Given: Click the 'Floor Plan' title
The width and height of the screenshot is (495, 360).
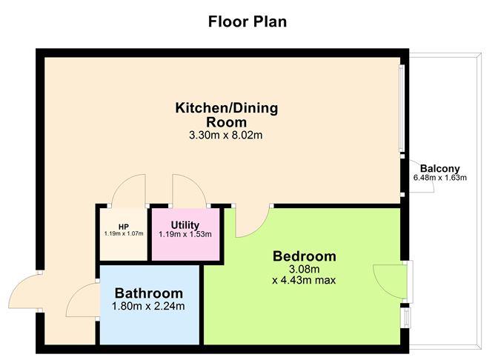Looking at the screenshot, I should pyautogui.click(x=247, y=21).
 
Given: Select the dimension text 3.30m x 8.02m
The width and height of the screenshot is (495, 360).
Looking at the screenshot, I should pyautogui.click(x=226, y=136).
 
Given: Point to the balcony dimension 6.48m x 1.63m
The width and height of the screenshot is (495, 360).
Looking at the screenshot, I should pyautogui.click(x=440, y=178).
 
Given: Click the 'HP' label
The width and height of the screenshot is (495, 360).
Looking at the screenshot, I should pyautogui.click(x=123, y=227).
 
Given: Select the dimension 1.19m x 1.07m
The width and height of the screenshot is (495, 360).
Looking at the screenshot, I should pyautogui.click(x=123, y=234).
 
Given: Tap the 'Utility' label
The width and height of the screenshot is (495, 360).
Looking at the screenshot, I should pyautogui.click(x=185, y=224).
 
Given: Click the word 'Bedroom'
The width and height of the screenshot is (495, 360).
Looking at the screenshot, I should pyautogui.click(x=304, y=256).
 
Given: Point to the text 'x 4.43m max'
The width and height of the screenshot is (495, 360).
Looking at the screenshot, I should pyautogui.click(x=304, y=280).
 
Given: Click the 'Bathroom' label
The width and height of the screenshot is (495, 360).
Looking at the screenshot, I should pyautogui.click(x=148, y=293).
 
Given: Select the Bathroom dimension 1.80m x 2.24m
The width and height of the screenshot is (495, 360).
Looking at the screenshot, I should pyautogui.click(x=148, y=306).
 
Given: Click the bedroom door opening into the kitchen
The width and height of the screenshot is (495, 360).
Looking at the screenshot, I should pyautogui.click(x=250, y=223).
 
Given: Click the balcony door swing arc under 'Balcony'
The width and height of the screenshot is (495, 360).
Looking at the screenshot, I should pyautogui.click(x=421, y=186).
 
